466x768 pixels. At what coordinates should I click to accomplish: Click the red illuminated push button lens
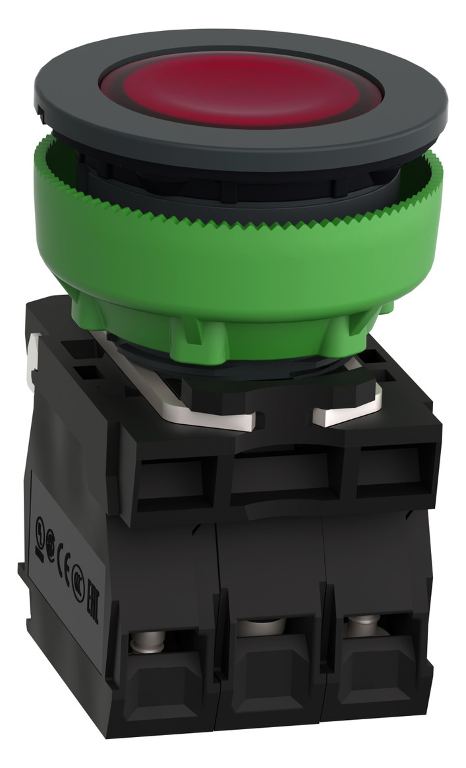[241, 93]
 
